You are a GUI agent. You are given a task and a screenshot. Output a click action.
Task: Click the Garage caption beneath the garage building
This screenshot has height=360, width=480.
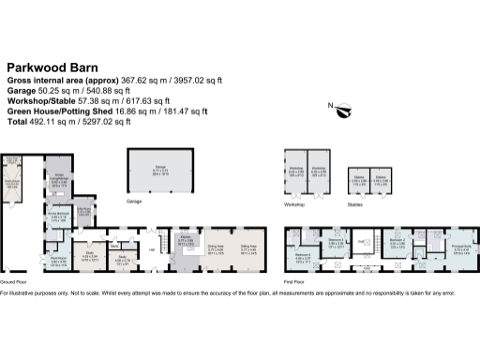click(134, 201)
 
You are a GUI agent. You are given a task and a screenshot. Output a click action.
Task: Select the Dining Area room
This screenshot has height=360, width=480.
click(216, 249)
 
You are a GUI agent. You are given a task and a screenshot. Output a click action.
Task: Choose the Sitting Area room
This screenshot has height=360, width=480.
click(248, 249)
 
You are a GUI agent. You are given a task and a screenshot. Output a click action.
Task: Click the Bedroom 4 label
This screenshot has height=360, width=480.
click(302, 255)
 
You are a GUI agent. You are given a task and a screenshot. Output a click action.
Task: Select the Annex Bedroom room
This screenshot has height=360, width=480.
click(55, 216)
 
